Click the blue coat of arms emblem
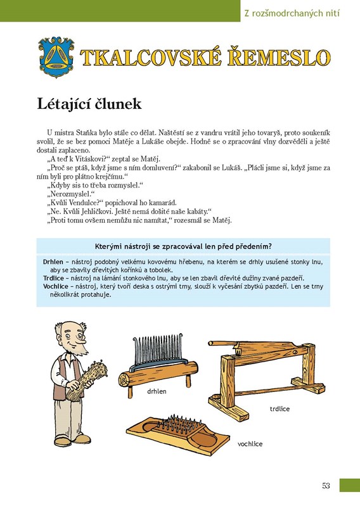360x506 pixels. pos(56,57)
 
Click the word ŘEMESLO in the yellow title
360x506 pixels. pos(279,58)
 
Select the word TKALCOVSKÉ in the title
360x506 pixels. pos(151,58)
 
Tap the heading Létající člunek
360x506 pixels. pos(89,104)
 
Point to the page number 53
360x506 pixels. pos(326,485)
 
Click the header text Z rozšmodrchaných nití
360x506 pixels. pos(292,13)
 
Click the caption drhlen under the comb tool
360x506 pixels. pos(157,391)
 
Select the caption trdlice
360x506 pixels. pos(280,409)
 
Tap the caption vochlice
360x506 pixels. pos(250,444)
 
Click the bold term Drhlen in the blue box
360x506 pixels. pos(53,262)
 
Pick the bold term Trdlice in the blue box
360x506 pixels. pos(53,278)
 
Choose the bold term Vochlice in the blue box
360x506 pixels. pos(56,286)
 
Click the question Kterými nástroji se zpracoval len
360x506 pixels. pos(183,246)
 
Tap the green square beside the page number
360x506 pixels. pos(350,485)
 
